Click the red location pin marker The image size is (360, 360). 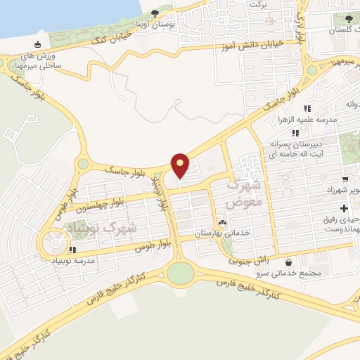(x=181, y=165)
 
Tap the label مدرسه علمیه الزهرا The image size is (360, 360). (x=307, y=120)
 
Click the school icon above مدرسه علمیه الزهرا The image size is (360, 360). (x=307, y=108)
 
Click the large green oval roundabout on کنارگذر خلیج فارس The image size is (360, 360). (x=181, y=273)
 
